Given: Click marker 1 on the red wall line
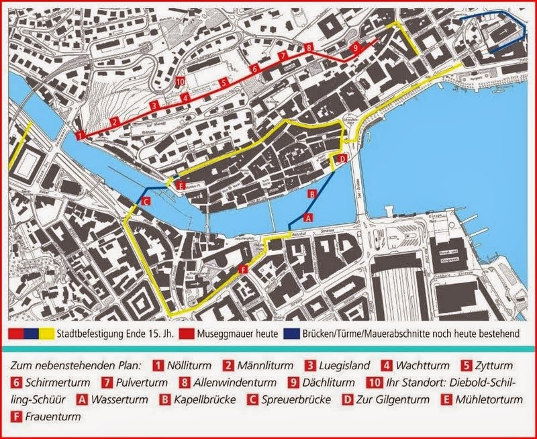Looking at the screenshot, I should tap(81, 136).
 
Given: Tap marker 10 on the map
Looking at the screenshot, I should tap(179, 81).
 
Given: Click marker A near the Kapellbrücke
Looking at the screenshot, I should tap(308, 217).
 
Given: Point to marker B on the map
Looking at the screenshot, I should tap(311, 193).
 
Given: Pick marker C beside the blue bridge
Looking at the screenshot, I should tap(146, 201).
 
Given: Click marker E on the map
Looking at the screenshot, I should tap(179, 185).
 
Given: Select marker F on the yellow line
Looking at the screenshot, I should tap(243, 269).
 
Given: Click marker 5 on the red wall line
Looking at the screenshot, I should tap(223, 82).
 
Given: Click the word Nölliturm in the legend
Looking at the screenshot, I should tap(190, 366).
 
